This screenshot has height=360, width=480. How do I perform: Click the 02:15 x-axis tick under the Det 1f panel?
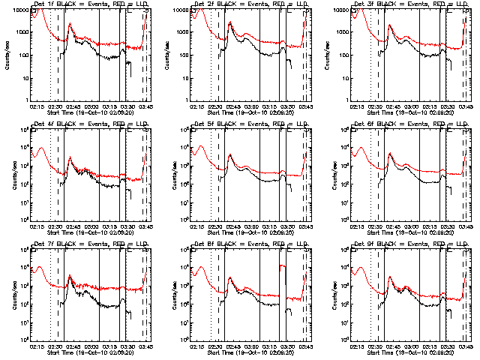[38, 106]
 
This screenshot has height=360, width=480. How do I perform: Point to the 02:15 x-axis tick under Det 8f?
[198, 346]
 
